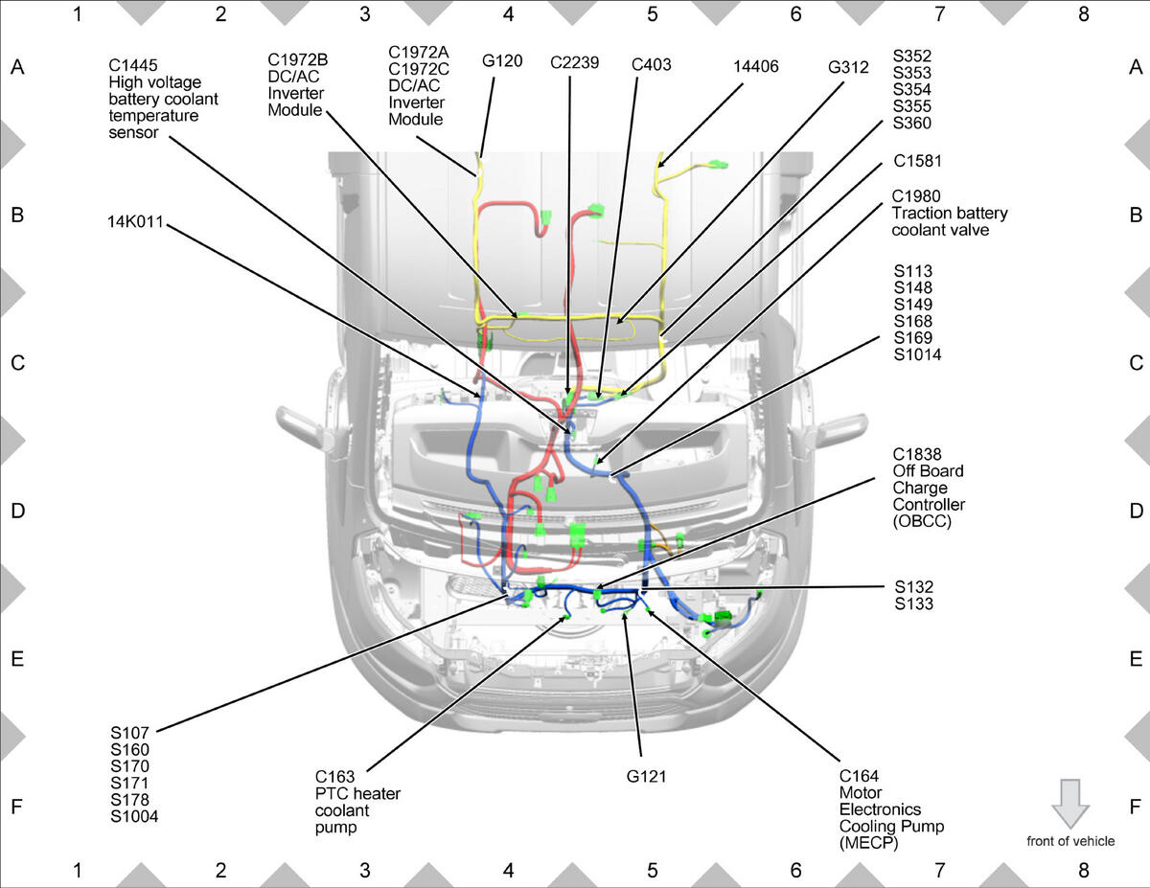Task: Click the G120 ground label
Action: click(x=502, y=61)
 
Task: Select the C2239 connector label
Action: click(x=574, y=63)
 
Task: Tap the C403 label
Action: click(x=651, y=65)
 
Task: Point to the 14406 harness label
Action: click(x=756, y=67)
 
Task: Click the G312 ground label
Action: click(x=848, y=68)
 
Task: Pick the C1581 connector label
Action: click(x=918, y=161)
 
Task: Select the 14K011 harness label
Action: click(x=135, y=221)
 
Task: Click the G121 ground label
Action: click(x=646, y=777)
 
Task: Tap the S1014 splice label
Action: click(x=918, y=354)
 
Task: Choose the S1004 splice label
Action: click(x=134, y=816)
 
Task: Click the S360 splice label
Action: click(x=911, y=123)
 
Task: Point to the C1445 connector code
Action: click(x=133, y=65)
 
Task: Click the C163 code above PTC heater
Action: click(x=334, y=777)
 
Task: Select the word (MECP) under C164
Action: click(x=868, y=843)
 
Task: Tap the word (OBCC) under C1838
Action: click(x=922, y=521)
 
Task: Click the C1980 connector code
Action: click(x=916, y=196)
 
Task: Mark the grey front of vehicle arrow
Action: click(x=1070, y=804)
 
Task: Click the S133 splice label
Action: click(x=914, y=603)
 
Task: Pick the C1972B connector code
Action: click(x=297, y=59)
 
